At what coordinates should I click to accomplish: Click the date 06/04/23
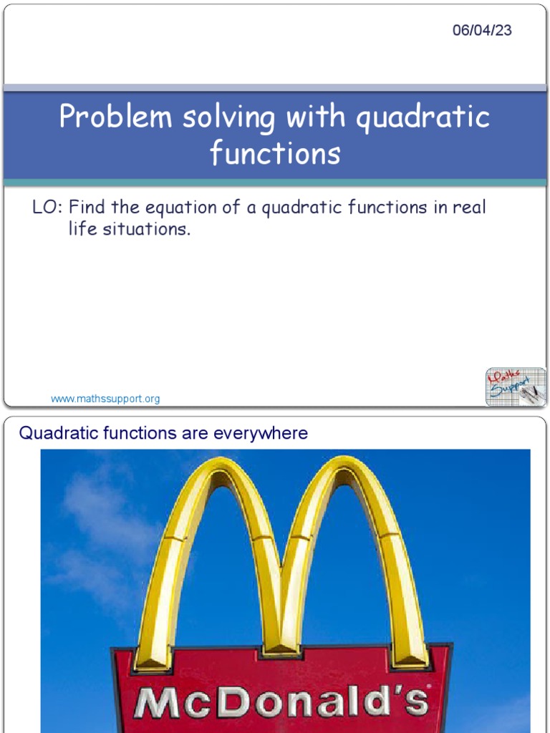482,31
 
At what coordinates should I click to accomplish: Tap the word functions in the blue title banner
275,152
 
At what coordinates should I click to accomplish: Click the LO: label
48,208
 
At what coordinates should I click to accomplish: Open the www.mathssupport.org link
105,399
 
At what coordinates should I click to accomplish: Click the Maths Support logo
515,387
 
